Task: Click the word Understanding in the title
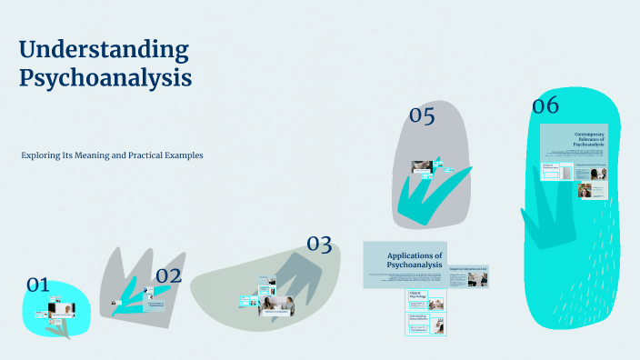coord(104,49)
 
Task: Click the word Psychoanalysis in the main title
coord(105,78)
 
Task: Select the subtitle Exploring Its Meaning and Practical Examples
coord(112,155)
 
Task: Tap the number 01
coord(37,285)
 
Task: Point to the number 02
coord(169,275)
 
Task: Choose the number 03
coord(319,244)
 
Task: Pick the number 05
coord(422,115)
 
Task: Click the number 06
coord(545,105)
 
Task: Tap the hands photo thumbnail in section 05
coord(421,167)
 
